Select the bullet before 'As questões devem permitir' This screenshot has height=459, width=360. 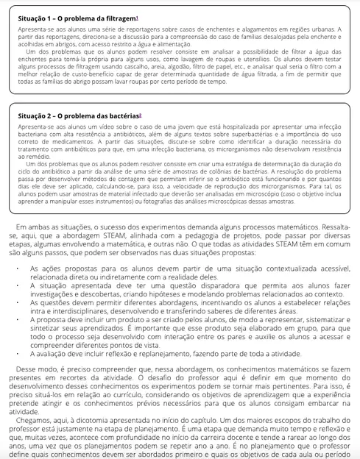click(22, 302)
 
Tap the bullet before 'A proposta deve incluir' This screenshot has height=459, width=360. click(22, 321)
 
